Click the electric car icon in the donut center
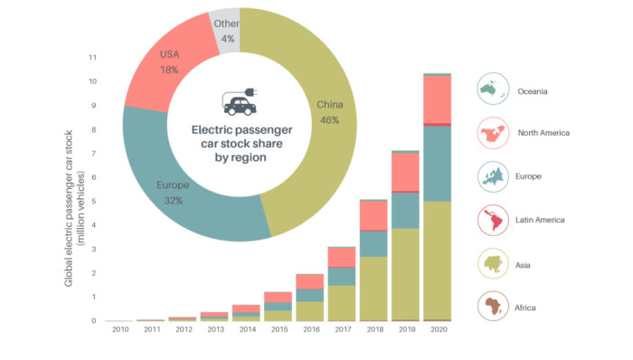point(239,103)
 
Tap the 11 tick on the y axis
point(92,57)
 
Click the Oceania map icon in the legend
point(492,90)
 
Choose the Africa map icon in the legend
point(492,306)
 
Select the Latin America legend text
point(541,220)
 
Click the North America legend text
point(543,134)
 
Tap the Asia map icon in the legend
point(492,263)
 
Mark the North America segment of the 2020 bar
point(438,99)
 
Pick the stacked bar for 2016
point(309,298)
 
